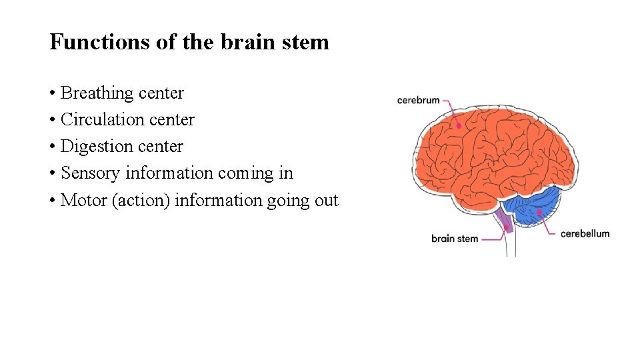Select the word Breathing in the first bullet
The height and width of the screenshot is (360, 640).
pos(89,93)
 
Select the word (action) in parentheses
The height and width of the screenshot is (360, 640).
pos(141,200)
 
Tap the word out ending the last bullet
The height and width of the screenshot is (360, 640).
pos(327,200)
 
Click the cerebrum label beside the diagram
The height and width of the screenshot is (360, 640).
pos(418,101)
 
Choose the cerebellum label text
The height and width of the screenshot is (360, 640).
pos(585,233)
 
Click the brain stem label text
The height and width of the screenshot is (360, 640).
pos(455,238)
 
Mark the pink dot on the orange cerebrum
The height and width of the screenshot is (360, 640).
pos(459,125)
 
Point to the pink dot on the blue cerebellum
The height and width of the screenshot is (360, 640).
pos(539,212)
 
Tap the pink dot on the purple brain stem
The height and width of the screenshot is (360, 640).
pos(507,227)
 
